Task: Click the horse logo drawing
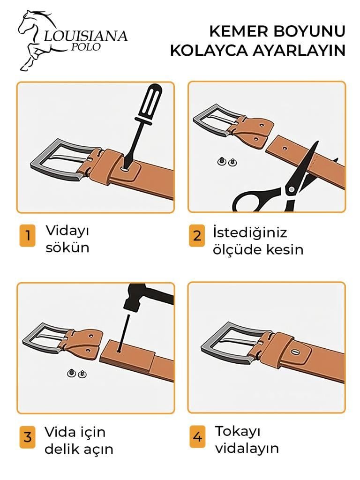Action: click(x=37, y=40)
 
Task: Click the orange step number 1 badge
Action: click(x=27, y=235)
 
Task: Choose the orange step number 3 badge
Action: click(x=27, y=437)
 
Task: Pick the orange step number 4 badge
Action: click(x=197, y=437)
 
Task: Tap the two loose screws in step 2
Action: click(x=226, y=161)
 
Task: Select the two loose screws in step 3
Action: click(x=77, y=374)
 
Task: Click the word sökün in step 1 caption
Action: click(x=67, y=247)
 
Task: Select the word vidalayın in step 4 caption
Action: click(x=247, y=448)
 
